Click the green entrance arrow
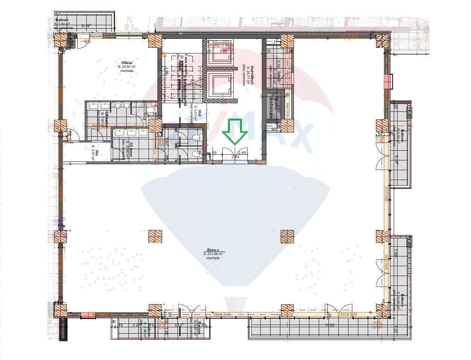(234, 132)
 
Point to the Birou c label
(213, 250)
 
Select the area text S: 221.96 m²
(213, 254)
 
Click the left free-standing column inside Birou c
(155, 237)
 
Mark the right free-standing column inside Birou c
(287, 237)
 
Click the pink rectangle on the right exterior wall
(387, 81)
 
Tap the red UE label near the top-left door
(87, 41)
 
